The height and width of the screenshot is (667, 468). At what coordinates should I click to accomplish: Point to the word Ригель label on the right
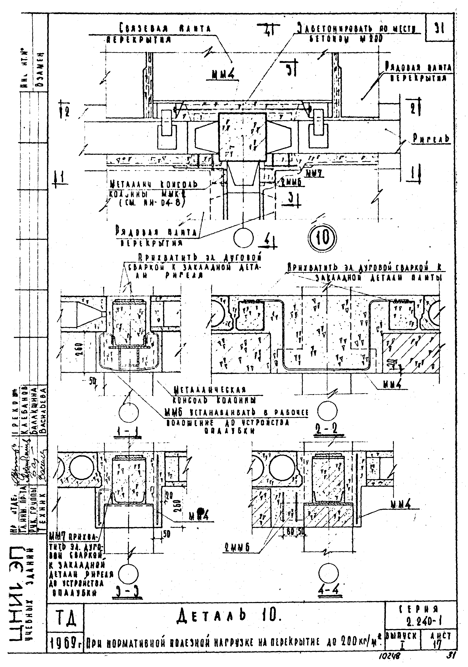click(431, 139)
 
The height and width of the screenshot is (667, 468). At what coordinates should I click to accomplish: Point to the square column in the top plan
click(242, 137)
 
